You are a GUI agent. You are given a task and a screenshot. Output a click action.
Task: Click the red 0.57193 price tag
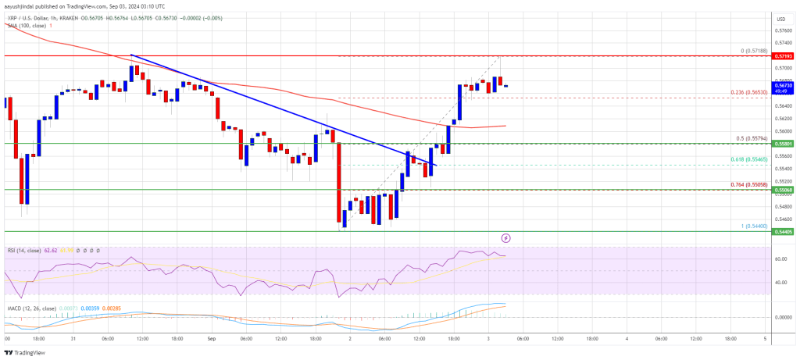tap(781, 56)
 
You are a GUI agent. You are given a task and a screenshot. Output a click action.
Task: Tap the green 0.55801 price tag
tap(781, 144)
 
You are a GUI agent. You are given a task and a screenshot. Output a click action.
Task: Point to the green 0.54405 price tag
tap(781, 231)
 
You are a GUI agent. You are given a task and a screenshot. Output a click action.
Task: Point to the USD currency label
tap(780, 17)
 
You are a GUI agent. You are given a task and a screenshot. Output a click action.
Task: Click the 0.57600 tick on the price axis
tap(781, 30)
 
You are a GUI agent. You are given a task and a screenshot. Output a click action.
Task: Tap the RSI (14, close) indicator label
tap(24, 249)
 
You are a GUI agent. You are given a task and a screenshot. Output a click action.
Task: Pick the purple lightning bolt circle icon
tap(505, 237)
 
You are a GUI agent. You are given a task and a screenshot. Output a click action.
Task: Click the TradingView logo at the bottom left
tap(26, 351)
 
